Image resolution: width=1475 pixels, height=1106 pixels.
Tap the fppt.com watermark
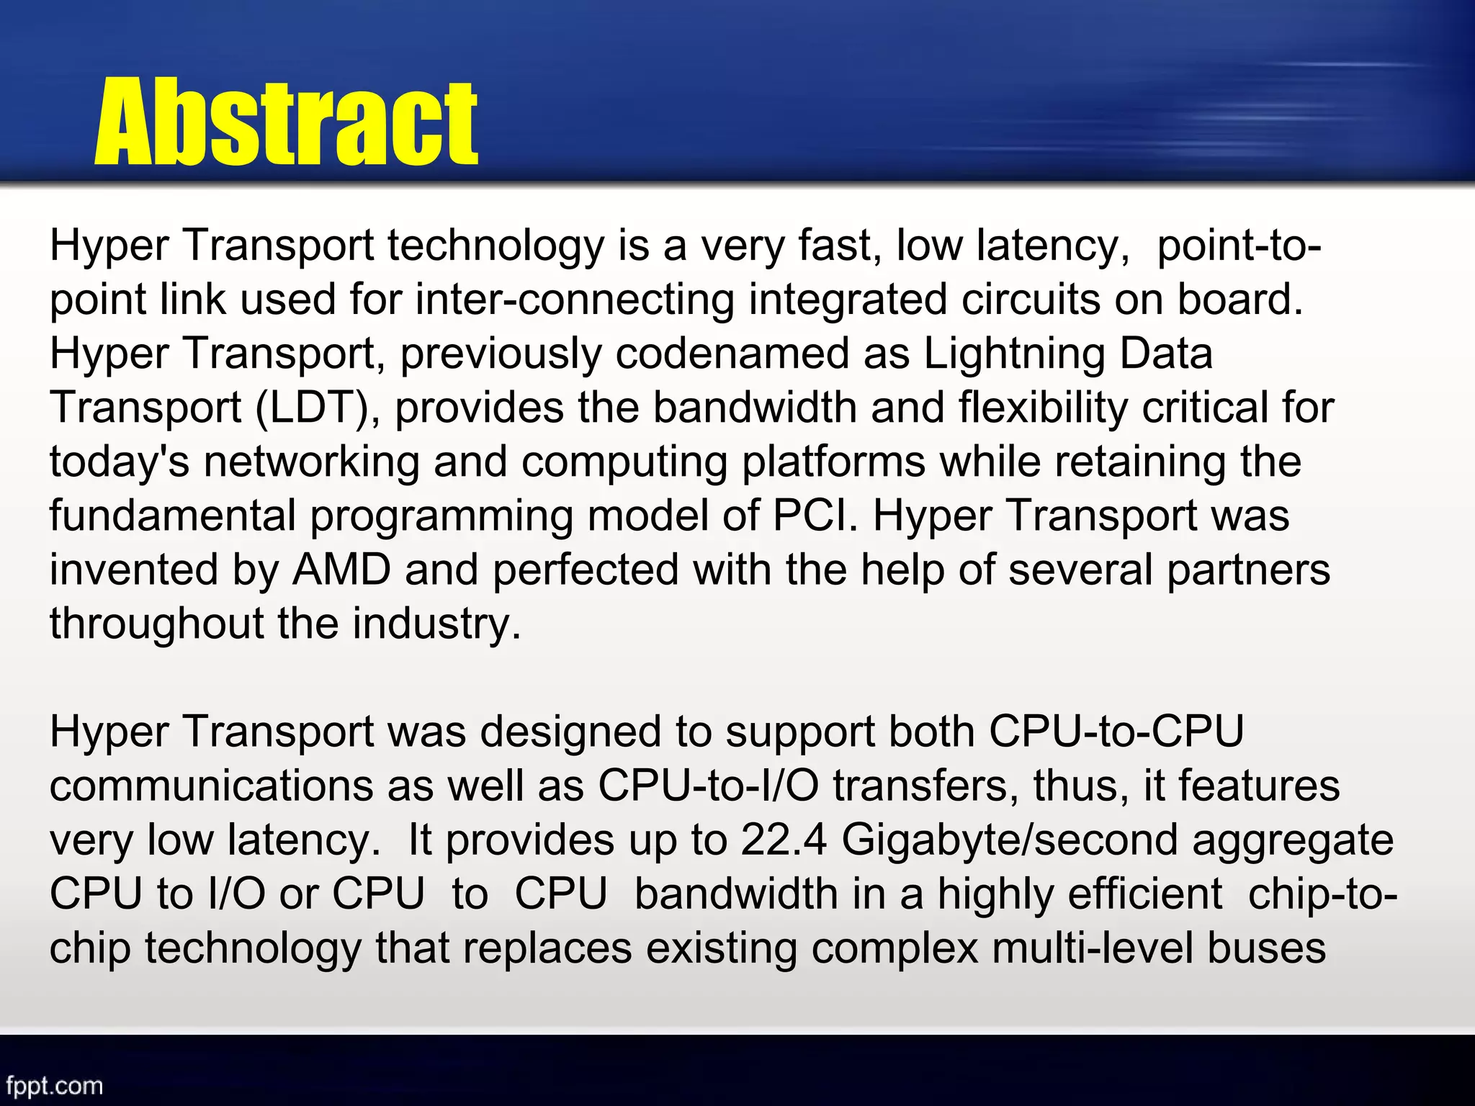pos(55,1085)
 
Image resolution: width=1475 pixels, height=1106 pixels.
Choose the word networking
pos(311,462)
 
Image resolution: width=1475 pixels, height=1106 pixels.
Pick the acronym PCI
pos(815,516)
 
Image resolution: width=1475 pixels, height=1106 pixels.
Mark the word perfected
pos(586,570)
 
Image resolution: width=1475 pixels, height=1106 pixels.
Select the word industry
pos(436,624)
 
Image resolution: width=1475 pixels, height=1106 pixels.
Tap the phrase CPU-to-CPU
pos(1116,732)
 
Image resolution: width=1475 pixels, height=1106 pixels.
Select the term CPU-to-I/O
pos(708,786)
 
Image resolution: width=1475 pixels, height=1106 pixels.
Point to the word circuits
pos(1031,300)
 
